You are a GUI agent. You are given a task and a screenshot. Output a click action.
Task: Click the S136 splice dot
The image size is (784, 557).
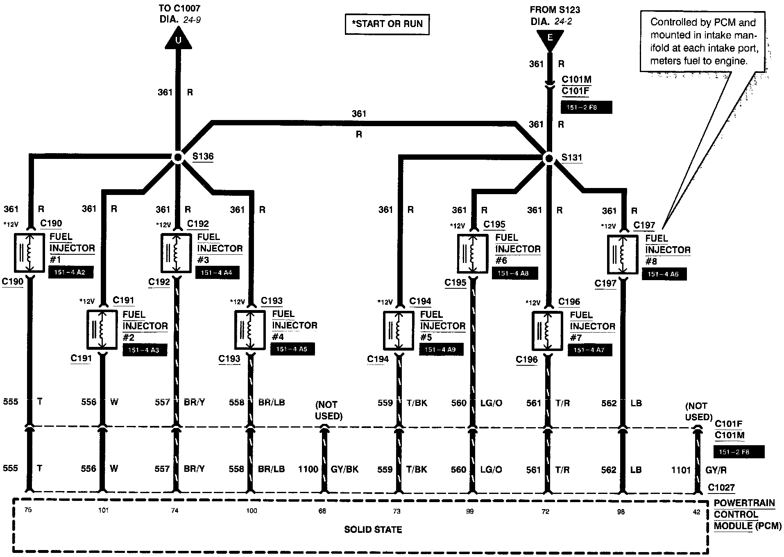178,157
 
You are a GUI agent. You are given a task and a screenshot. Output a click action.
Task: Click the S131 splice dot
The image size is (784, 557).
549,158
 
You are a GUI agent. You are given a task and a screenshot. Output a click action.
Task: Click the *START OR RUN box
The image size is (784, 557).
387,24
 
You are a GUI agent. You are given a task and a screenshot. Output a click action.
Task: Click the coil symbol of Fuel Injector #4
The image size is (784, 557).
250,330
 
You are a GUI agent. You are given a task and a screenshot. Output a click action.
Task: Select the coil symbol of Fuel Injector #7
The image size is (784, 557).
547,331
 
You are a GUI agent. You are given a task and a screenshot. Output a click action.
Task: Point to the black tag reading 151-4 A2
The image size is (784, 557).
70,272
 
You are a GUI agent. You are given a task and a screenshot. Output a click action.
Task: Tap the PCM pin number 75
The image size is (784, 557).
28,510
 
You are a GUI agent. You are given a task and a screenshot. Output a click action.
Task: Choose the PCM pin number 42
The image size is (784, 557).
696,512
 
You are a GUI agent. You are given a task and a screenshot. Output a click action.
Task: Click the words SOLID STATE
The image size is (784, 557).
373,530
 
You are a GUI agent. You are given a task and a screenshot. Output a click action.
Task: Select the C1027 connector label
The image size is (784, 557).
721,488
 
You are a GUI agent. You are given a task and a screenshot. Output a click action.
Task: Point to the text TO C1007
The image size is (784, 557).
180,8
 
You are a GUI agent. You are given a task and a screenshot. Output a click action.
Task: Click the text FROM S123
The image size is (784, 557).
555,10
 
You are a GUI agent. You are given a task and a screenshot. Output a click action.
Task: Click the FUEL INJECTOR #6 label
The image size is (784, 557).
517,249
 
